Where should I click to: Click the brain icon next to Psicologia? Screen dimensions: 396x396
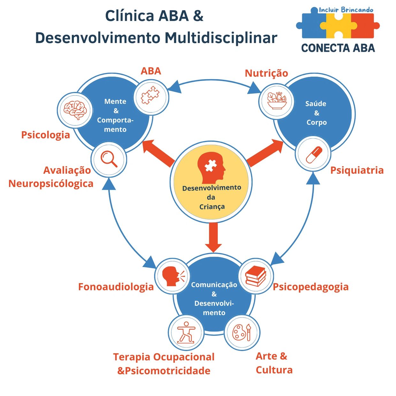click(x=75, y=110)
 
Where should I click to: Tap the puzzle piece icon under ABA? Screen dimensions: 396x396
click(x=150, y=96)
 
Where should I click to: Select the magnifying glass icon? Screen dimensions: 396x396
click(x=109, y=159)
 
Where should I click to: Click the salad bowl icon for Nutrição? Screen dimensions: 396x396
click(x=277, y=101)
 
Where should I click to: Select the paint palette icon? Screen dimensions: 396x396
click(x=242, y=332)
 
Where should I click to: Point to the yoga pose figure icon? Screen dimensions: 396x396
click(x=186, y=332)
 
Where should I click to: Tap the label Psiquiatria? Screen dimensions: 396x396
click(x=357, y=170)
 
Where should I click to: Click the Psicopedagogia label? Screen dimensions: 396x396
click(x=310, y=287)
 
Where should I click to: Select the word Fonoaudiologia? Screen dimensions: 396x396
click(x=116, y=287)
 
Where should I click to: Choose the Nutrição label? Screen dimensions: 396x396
click(x=266, y=73)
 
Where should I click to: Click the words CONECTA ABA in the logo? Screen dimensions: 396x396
click(x=338, y=48)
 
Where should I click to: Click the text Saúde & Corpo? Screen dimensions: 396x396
click(x=316, y=113)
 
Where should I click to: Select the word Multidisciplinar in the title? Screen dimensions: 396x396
click(x=221, y=38)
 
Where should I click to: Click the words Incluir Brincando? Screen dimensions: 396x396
click(x=346, y=10)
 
